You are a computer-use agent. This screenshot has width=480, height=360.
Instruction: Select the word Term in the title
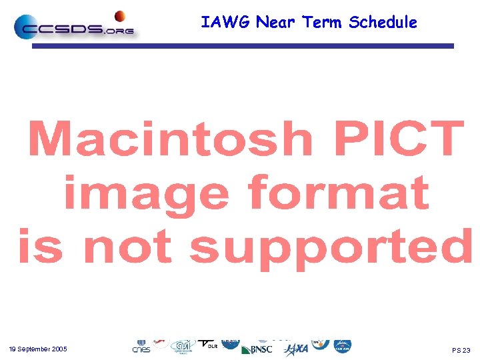pos(323,23)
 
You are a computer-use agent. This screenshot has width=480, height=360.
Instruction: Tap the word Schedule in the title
pos(383,23)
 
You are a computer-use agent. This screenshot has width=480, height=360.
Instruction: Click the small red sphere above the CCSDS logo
pos(120,16)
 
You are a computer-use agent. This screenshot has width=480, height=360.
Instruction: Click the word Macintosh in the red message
pos(170,140)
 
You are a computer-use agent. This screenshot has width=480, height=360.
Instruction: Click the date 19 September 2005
pos(38,349)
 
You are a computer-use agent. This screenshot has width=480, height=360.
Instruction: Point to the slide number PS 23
pos(461,350)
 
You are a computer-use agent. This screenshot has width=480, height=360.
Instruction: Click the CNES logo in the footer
pos(141,347)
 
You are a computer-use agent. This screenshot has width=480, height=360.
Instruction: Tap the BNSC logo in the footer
pos(257,349)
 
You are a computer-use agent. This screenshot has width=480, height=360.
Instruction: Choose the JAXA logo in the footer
pos(296,349)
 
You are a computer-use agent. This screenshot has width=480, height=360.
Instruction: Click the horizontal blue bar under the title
pos(243,46)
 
